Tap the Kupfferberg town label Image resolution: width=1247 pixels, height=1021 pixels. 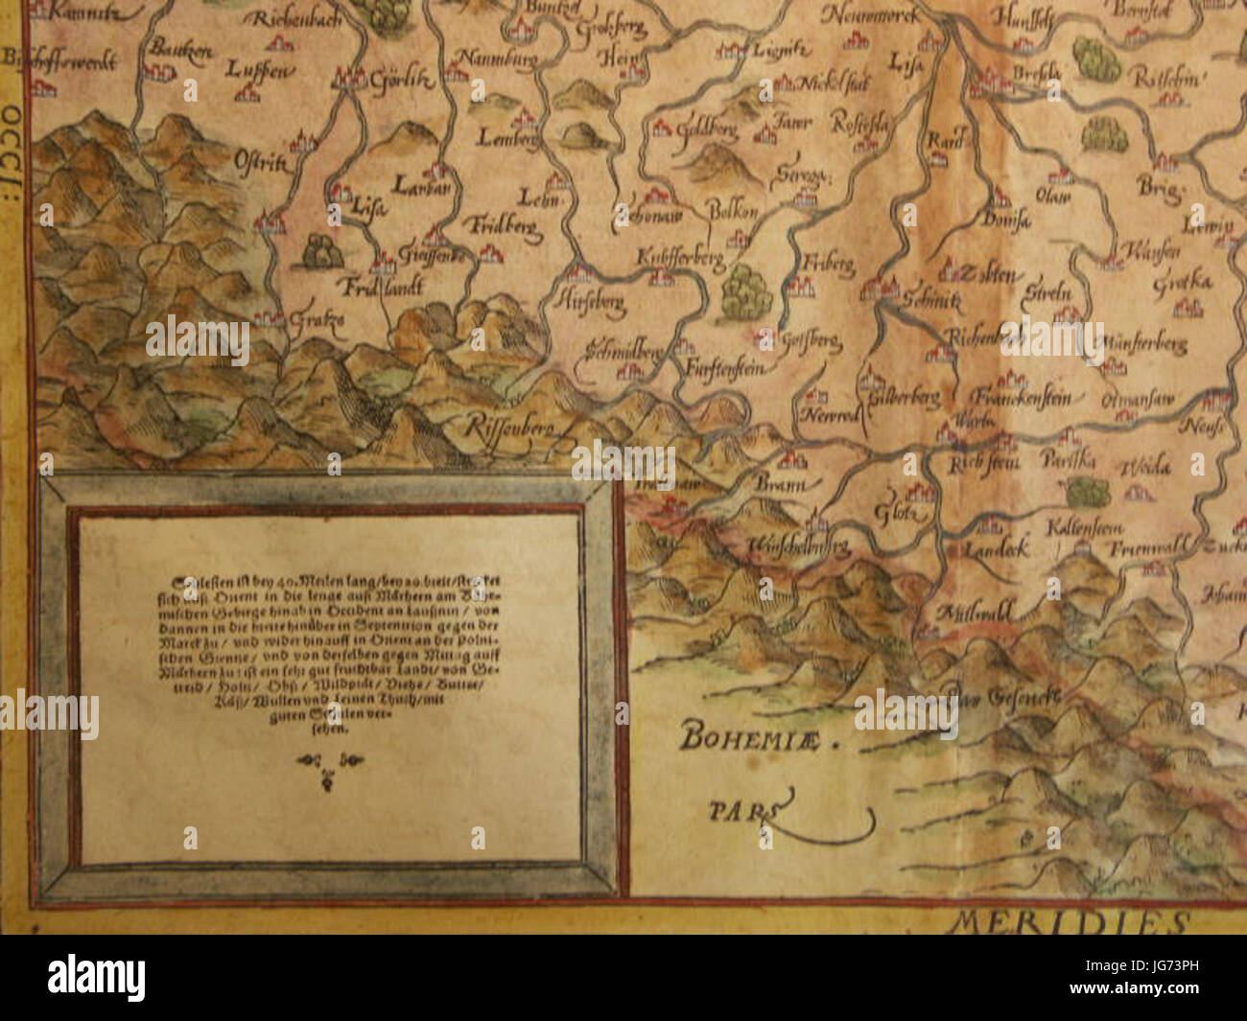679,259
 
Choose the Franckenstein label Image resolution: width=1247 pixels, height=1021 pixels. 1027,396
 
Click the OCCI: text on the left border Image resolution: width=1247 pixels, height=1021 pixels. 14,126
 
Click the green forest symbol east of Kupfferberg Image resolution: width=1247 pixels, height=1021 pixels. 747,290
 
